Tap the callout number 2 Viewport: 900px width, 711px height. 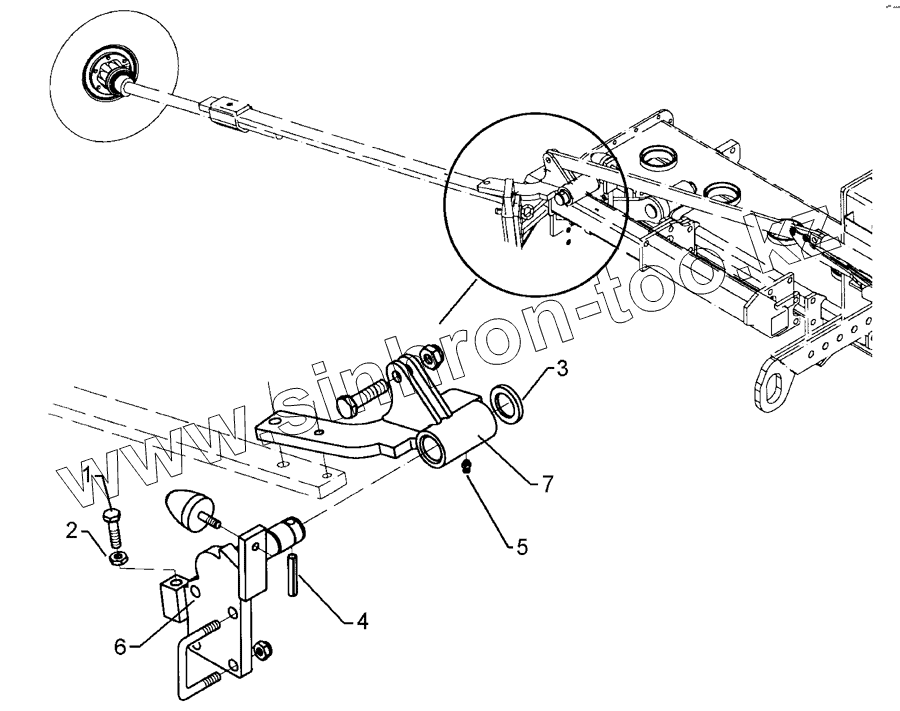click(73, 530)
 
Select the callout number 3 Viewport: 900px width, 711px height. click(564, 369)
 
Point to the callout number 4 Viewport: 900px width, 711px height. click(362, 622)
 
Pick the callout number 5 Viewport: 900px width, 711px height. click(521, 546)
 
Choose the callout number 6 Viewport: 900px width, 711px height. click(121, 647)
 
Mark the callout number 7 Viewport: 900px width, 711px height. click(546, 483)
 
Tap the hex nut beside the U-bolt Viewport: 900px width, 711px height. click(263, 650)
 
